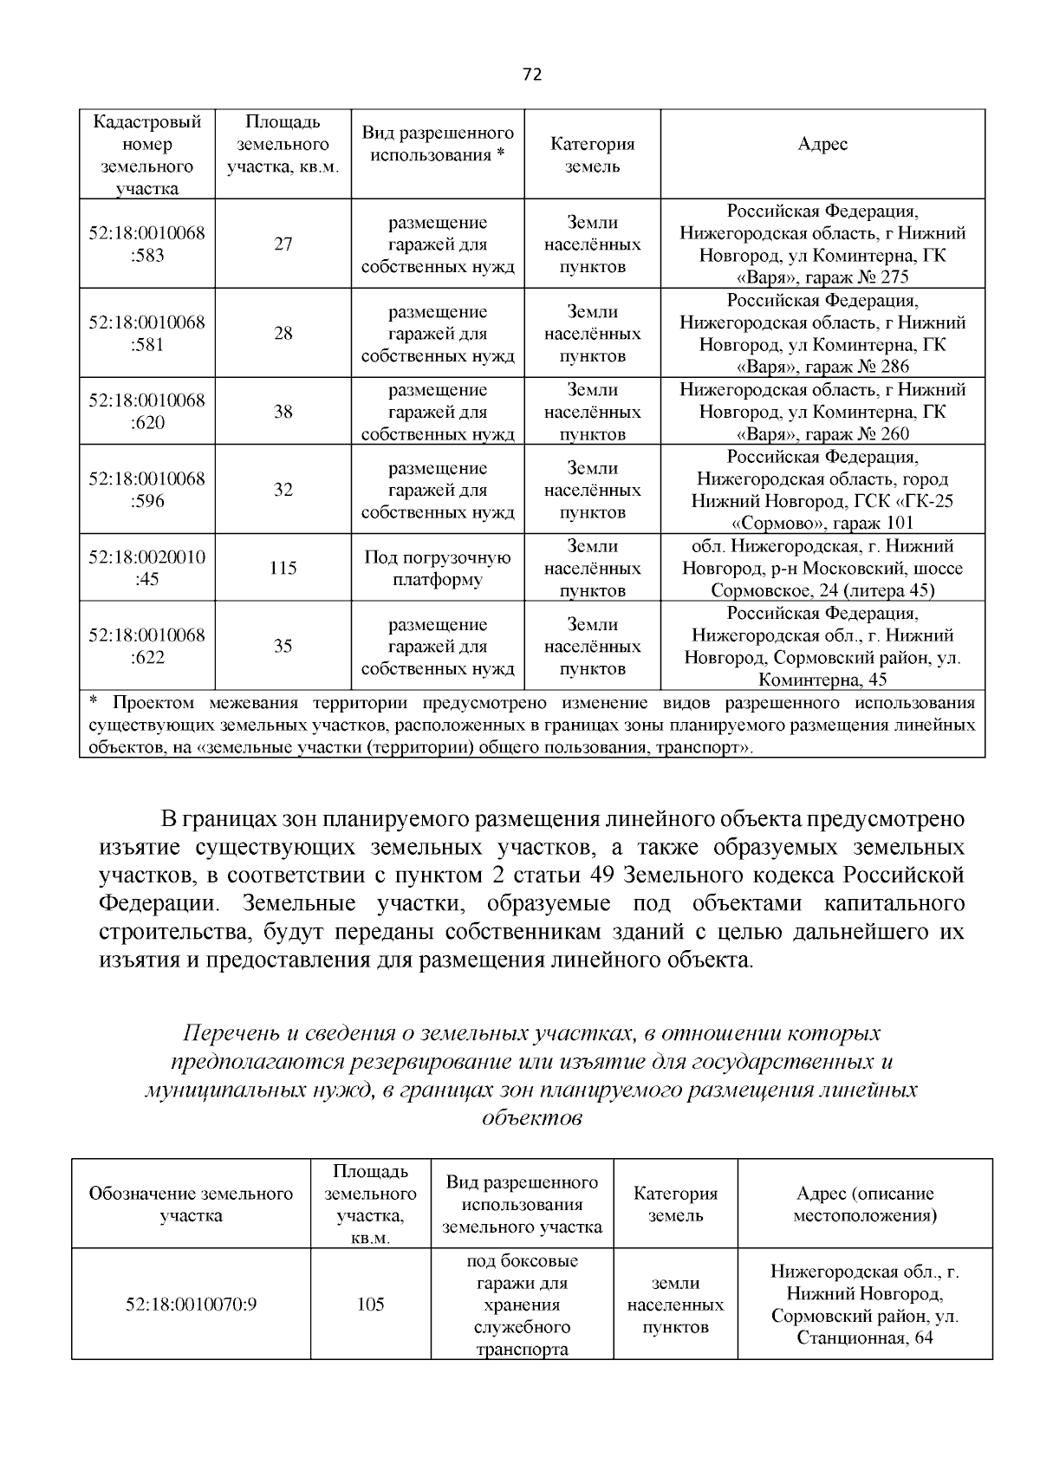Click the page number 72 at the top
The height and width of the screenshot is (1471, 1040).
[532, 75]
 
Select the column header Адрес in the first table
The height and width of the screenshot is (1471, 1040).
[822, 145]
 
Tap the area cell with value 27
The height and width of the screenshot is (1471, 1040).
[283, 244]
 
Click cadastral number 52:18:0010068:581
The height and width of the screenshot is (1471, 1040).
[146, 334]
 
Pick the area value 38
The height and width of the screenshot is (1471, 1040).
[283, 412]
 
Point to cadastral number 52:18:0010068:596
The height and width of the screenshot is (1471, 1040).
[146, 490]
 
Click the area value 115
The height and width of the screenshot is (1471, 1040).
[283, 568]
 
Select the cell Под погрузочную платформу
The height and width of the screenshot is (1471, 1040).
[438, 569]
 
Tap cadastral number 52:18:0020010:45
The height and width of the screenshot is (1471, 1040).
[146, 568]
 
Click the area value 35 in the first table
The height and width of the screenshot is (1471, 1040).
[283, 647]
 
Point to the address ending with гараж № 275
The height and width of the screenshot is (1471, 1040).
[822, 244]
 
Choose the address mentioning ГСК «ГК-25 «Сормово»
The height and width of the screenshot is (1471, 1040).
[822, 490]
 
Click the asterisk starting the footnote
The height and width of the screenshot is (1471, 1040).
[94, 701]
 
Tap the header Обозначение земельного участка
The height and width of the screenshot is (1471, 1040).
[191, 1204]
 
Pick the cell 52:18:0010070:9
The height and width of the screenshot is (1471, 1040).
[191, 1305]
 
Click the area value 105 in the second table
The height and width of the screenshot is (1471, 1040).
[370, 1305]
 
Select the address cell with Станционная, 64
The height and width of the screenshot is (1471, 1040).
[865, 1305]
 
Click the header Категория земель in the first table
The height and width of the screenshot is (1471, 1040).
[592, 155]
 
